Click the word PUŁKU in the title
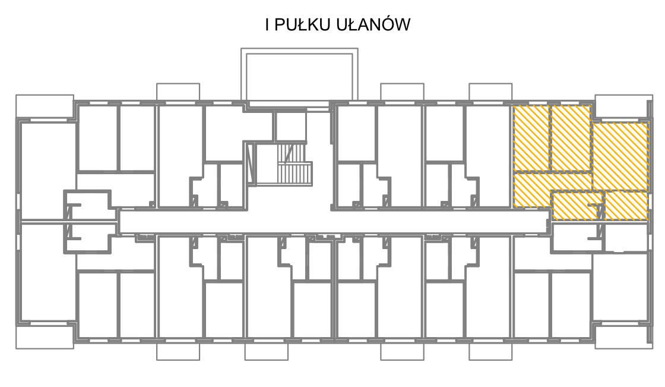pyautogui.click(x=302, y=24)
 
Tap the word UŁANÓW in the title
pyautogui.click(x=373, y=24)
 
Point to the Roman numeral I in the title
pyautogui.click(x=267, y=24)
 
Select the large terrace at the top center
pyautogui.click(x=299, y=75)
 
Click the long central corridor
pyautogui.click(x=334, y=221)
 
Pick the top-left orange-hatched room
pyautogui.click(x=531, y=138)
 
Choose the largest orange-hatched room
pyautogui.click(x=620, y=156)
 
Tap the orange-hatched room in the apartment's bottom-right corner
pyautogui.click(x=626, y=206)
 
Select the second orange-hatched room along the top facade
pyautogui.click(x=571, y=138)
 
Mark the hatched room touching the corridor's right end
pyautogui.click(x=577, y=206)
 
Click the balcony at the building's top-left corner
pyautogui.click(x=45, y=106)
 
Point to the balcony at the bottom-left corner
pyautogui.click(x=45, y=337)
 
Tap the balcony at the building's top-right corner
pyautogui.click(x=623, y=106)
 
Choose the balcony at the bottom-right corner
pyautogui.click(x=623, y=337)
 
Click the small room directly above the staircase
pyautogui.click(x=290, y=126)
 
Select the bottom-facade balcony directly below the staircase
pyautogui.click(x=267, y=351)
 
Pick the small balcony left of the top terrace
pyautogui.click(x=178, y=92)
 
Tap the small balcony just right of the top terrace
pyautogui.click(x=402, y=92)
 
